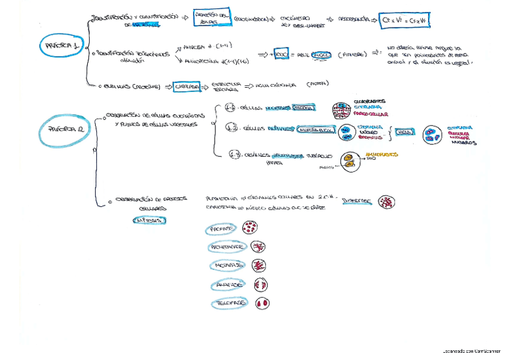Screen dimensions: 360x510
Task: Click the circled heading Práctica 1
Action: pos(60,45)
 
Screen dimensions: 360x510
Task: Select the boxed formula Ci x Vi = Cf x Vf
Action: pos(406,21)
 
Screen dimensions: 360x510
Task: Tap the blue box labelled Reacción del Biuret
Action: pos(212,19)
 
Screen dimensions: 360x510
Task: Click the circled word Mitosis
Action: pos(147,221)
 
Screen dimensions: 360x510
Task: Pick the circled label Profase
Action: pos(221,229)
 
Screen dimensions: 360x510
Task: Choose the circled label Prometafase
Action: pos(227,247)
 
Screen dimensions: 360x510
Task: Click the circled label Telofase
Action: pos(229,304)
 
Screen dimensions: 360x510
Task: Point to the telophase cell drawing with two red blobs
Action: pos(262,304)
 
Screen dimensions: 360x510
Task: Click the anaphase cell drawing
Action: pos(261,284)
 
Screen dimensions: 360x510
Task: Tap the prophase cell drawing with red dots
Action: pos(250,228)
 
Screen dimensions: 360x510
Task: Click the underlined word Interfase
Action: pos(357,202)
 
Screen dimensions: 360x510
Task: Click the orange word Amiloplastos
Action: pos(382,154)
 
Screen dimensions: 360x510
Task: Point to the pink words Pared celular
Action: pos(371,114)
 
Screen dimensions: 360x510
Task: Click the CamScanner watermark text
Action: pos(473,350)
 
